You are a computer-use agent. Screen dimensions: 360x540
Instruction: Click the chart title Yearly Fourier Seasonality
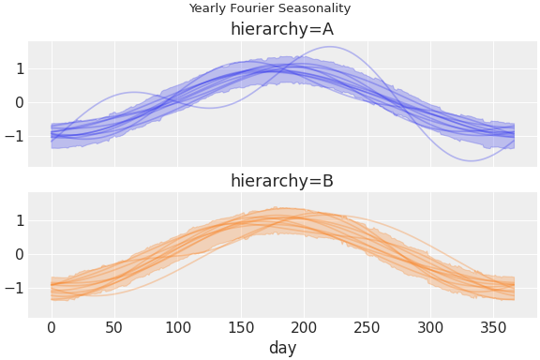269,8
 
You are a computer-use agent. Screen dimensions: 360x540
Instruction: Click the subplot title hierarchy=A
281,30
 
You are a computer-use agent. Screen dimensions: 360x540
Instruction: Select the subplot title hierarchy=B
281,181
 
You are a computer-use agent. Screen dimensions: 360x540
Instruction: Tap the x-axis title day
281,349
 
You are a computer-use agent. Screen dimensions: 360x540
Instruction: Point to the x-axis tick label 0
52,328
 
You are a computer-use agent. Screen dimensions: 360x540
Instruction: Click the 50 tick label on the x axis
114,328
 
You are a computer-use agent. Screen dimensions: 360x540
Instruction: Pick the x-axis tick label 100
178,328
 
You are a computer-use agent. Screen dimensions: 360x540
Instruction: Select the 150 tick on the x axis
241,328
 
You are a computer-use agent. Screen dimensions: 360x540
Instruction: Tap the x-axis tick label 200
305,328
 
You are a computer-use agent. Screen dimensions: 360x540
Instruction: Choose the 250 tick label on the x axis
367,328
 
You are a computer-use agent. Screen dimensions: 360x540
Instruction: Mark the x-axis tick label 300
431,328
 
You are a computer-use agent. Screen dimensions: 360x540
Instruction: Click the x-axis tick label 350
494,328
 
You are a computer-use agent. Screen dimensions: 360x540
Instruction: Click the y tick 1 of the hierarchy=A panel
19,68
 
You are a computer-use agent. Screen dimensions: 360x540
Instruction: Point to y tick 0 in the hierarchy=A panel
19,102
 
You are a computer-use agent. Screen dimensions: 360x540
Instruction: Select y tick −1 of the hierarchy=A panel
14,136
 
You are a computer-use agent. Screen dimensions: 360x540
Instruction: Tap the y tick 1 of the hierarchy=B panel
19,220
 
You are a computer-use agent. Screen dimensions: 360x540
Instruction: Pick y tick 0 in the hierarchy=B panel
19,254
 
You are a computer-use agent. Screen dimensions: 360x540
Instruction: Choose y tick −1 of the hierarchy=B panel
14,288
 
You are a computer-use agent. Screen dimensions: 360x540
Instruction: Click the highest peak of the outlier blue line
329,47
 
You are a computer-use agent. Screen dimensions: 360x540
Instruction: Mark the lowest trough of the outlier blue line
470,160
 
